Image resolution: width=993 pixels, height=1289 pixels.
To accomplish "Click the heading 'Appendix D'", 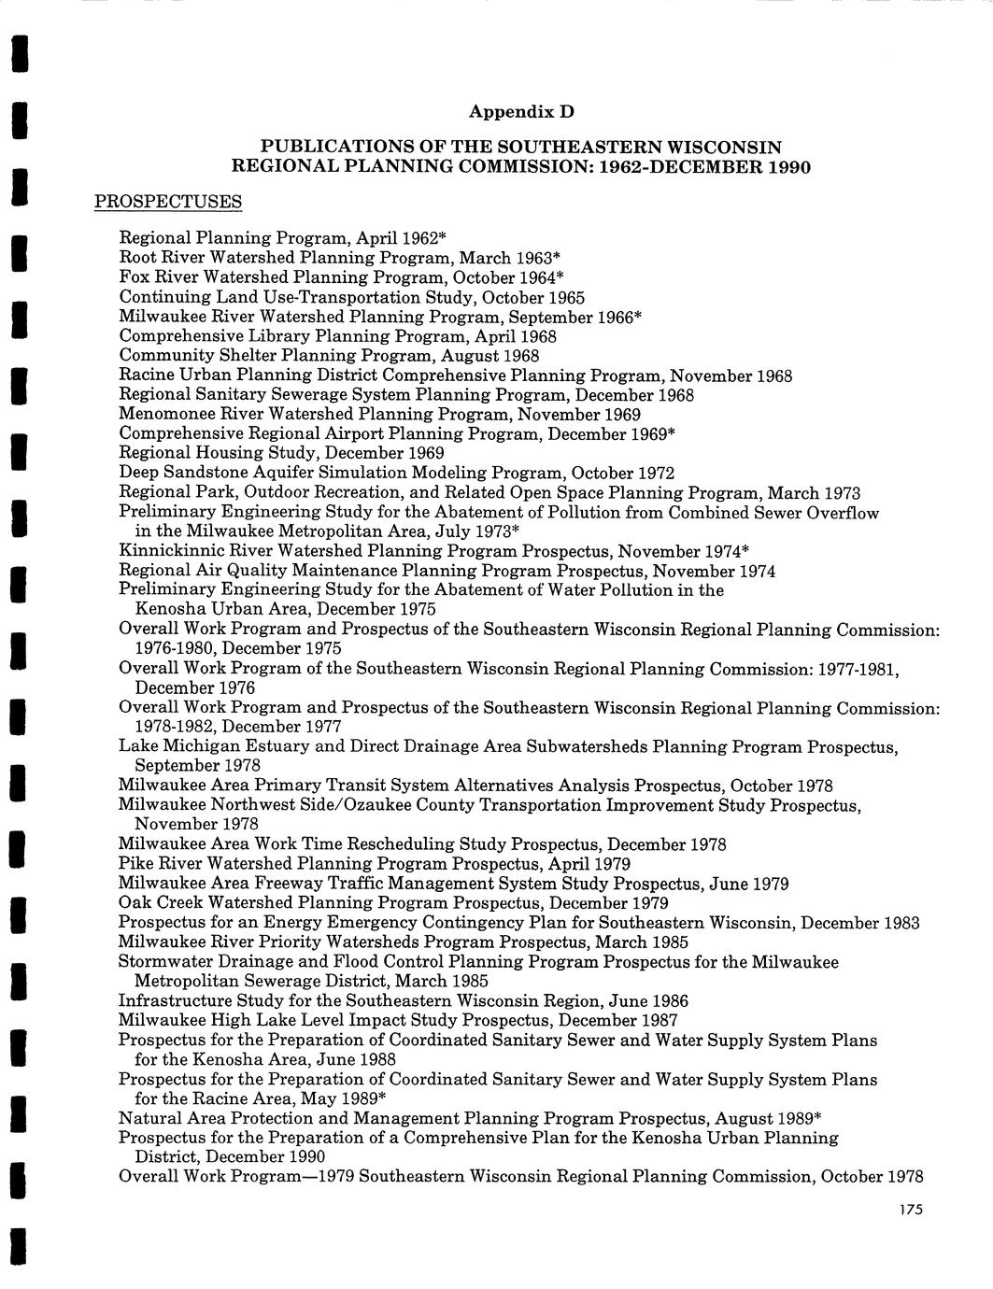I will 520,112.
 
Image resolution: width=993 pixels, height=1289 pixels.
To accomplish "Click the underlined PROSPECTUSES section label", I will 168,202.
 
